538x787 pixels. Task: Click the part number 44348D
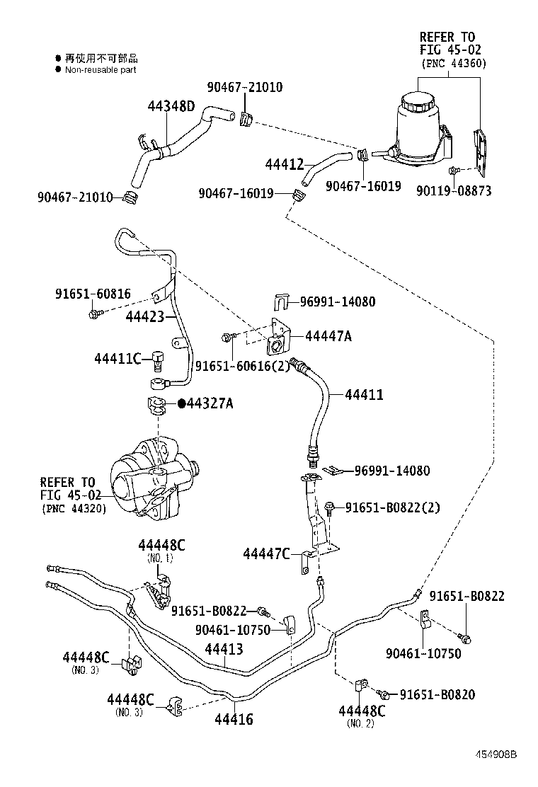tap(171, 106)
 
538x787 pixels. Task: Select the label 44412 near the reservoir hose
tap(285, 165)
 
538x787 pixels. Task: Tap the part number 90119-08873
tap(454, 191)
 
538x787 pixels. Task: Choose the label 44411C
tap(118, 359)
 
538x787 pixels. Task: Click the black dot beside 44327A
tap(181, 403)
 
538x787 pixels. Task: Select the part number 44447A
tap(328, 336)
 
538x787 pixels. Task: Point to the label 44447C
tap(266, 553)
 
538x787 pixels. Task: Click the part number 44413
tap(224, 648)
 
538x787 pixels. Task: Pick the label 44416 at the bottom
tap(234, 720)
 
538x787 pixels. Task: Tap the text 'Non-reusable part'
tap(101, 70)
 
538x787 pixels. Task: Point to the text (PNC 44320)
tap(73, 508)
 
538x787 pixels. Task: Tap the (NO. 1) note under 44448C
tap(160, 558)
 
